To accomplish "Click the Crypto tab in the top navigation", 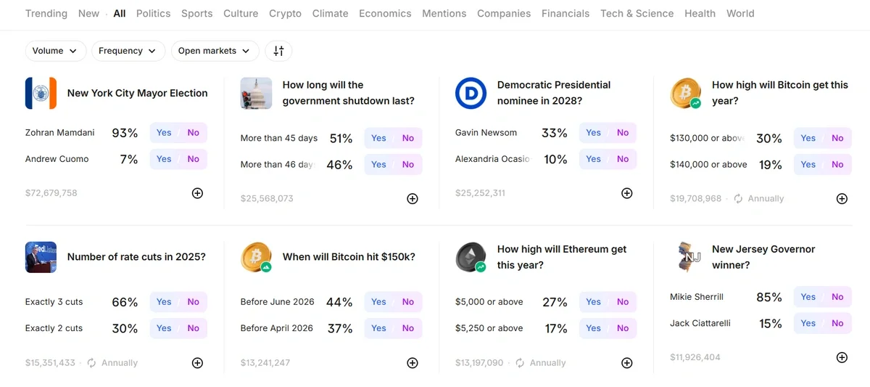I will pos(285,13).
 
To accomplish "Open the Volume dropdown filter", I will pos(55,51).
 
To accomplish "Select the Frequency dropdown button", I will pos(127,51).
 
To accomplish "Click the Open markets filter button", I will pos(215,51).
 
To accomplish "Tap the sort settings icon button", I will pos(278,51).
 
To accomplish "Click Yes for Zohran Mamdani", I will pos(164,133).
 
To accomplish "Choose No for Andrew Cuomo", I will pos(193,159).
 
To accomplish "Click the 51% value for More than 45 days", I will pos(341,139).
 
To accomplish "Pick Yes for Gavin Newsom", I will pos(594,133).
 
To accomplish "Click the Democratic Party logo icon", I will pos(471,93).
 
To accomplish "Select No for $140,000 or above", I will pos(837,165).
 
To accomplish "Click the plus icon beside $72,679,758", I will pos(197,193).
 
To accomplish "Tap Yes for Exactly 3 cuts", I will pos(164,302).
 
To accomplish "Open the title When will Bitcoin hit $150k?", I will pos(349,256).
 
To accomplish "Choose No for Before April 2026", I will pos(408,328).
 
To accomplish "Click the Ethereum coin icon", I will pos(471,257).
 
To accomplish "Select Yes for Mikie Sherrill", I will pos(808,297).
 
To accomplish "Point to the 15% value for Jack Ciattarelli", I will pos(770,324).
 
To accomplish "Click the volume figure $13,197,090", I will pos(479,363).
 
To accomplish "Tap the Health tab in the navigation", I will pos(700,13).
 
